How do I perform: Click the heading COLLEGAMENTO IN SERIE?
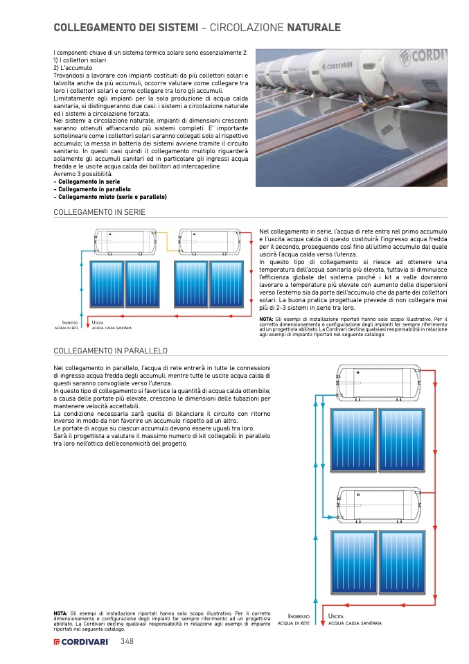coord(99,212)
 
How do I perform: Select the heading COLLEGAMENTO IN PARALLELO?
coord(110,351)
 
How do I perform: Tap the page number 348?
coord(127,642)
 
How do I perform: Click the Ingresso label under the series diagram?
coord(70,323)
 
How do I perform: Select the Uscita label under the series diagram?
coord(98,323)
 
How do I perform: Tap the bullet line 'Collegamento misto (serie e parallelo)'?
coord(112,196)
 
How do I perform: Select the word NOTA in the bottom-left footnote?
coord(60,613)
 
